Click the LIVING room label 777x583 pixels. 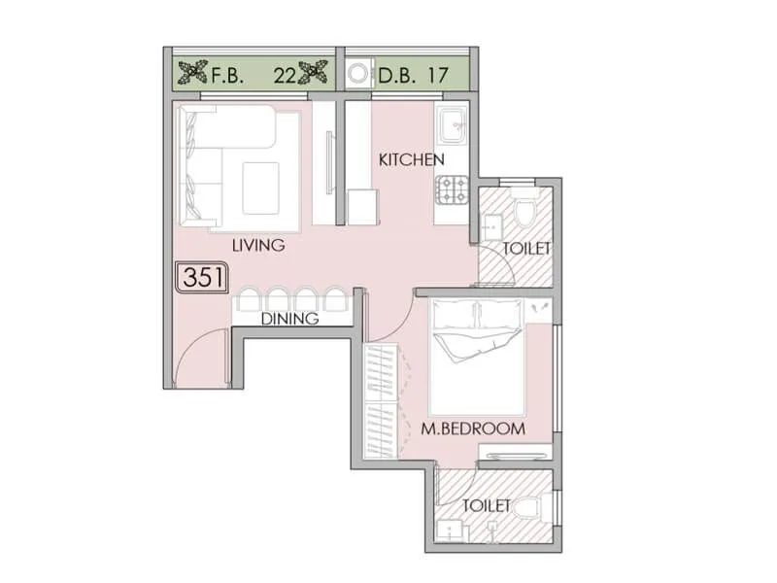pos(258,246)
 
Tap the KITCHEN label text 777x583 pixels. pos(411,159)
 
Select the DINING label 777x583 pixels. pos(288,318)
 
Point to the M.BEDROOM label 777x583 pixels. pos(473,428)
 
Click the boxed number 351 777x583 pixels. pos(202,278)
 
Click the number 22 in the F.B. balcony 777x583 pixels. pos(285,75)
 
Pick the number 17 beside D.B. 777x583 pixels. pos(439,75)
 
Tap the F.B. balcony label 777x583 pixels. pos(228,75)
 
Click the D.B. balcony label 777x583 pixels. pos(395,75)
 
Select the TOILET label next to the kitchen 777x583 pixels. pos(526,249)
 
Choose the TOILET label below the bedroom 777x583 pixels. pos(487,506)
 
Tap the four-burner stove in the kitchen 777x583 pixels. pos(452,189)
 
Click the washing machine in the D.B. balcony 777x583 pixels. pos(358,75)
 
